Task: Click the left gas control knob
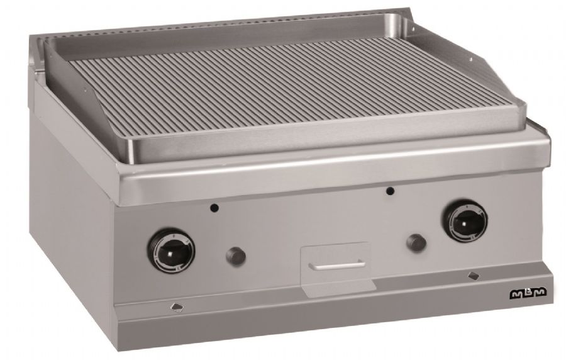[170, 250]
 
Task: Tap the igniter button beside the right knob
[416, 243]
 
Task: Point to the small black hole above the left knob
[214, 208]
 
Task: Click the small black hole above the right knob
[389, 191]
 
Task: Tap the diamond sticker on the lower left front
[177, 307]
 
